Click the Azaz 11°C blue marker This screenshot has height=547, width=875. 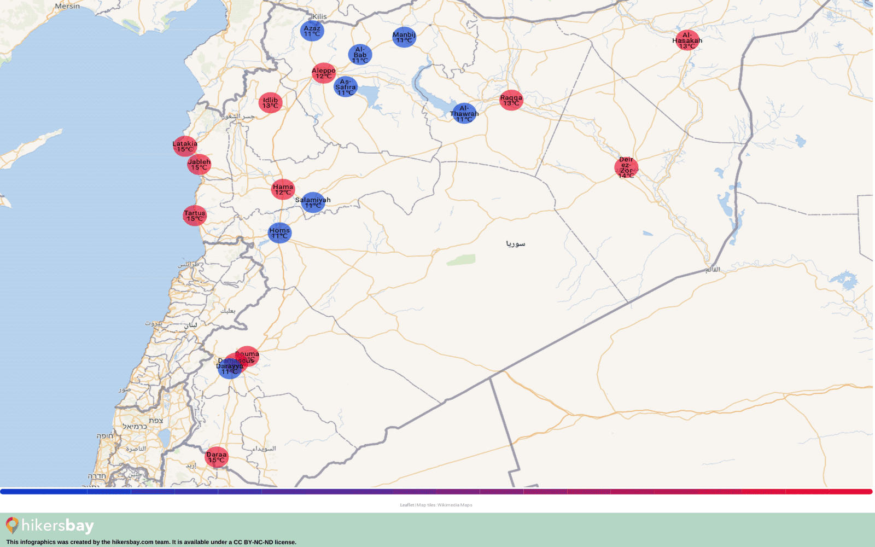coord(312,31)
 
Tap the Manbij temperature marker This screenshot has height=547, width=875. coord(404,37)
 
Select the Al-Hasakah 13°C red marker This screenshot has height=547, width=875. coord(687,40)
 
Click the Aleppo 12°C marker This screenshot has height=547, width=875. coord(324,73)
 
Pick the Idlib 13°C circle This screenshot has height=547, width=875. coord(270,103)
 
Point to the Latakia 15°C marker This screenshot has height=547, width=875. coord(185,146)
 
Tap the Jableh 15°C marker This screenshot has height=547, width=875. coord(199,164)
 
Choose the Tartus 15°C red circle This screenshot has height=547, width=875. coord(195,216)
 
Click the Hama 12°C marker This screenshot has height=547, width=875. coord(283,189)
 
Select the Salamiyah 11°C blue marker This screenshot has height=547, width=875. coord(313,202)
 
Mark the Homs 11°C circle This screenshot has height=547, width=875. coord(279,233)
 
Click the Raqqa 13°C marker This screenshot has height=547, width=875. coord(511,100)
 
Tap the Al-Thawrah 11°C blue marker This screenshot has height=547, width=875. coord(464,113)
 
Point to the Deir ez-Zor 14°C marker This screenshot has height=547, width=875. coord(626,167)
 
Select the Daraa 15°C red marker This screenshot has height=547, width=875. coord(217,457)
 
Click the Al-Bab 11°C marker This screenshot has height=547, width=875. coord(360,55)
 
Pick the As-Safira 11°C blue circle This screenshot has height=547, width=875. coord(346,87)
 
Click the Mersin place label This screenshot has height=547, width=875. coord(67,6)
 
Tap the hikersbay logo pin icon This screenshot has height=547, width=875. coord(12,525)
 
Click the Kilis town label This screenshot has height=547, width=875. coord(319,16)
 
